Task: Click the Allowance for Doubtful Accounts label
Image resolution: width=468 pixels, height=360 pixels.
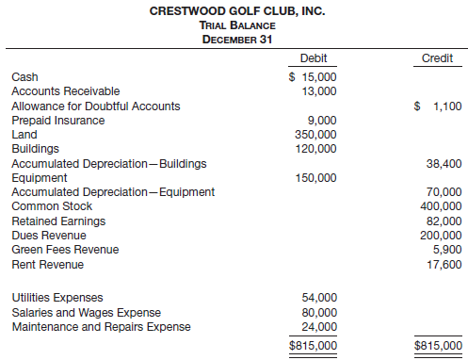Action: [95, 106]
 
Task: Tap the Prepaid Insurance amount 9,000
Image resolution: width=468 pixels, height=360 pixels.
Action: [322, 120]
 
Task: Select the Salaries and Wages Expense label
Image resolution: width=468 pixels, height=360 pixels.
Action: [86, 312]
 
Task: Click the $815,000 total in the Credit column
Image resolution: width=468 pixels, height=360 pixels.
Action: [438, 345]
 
